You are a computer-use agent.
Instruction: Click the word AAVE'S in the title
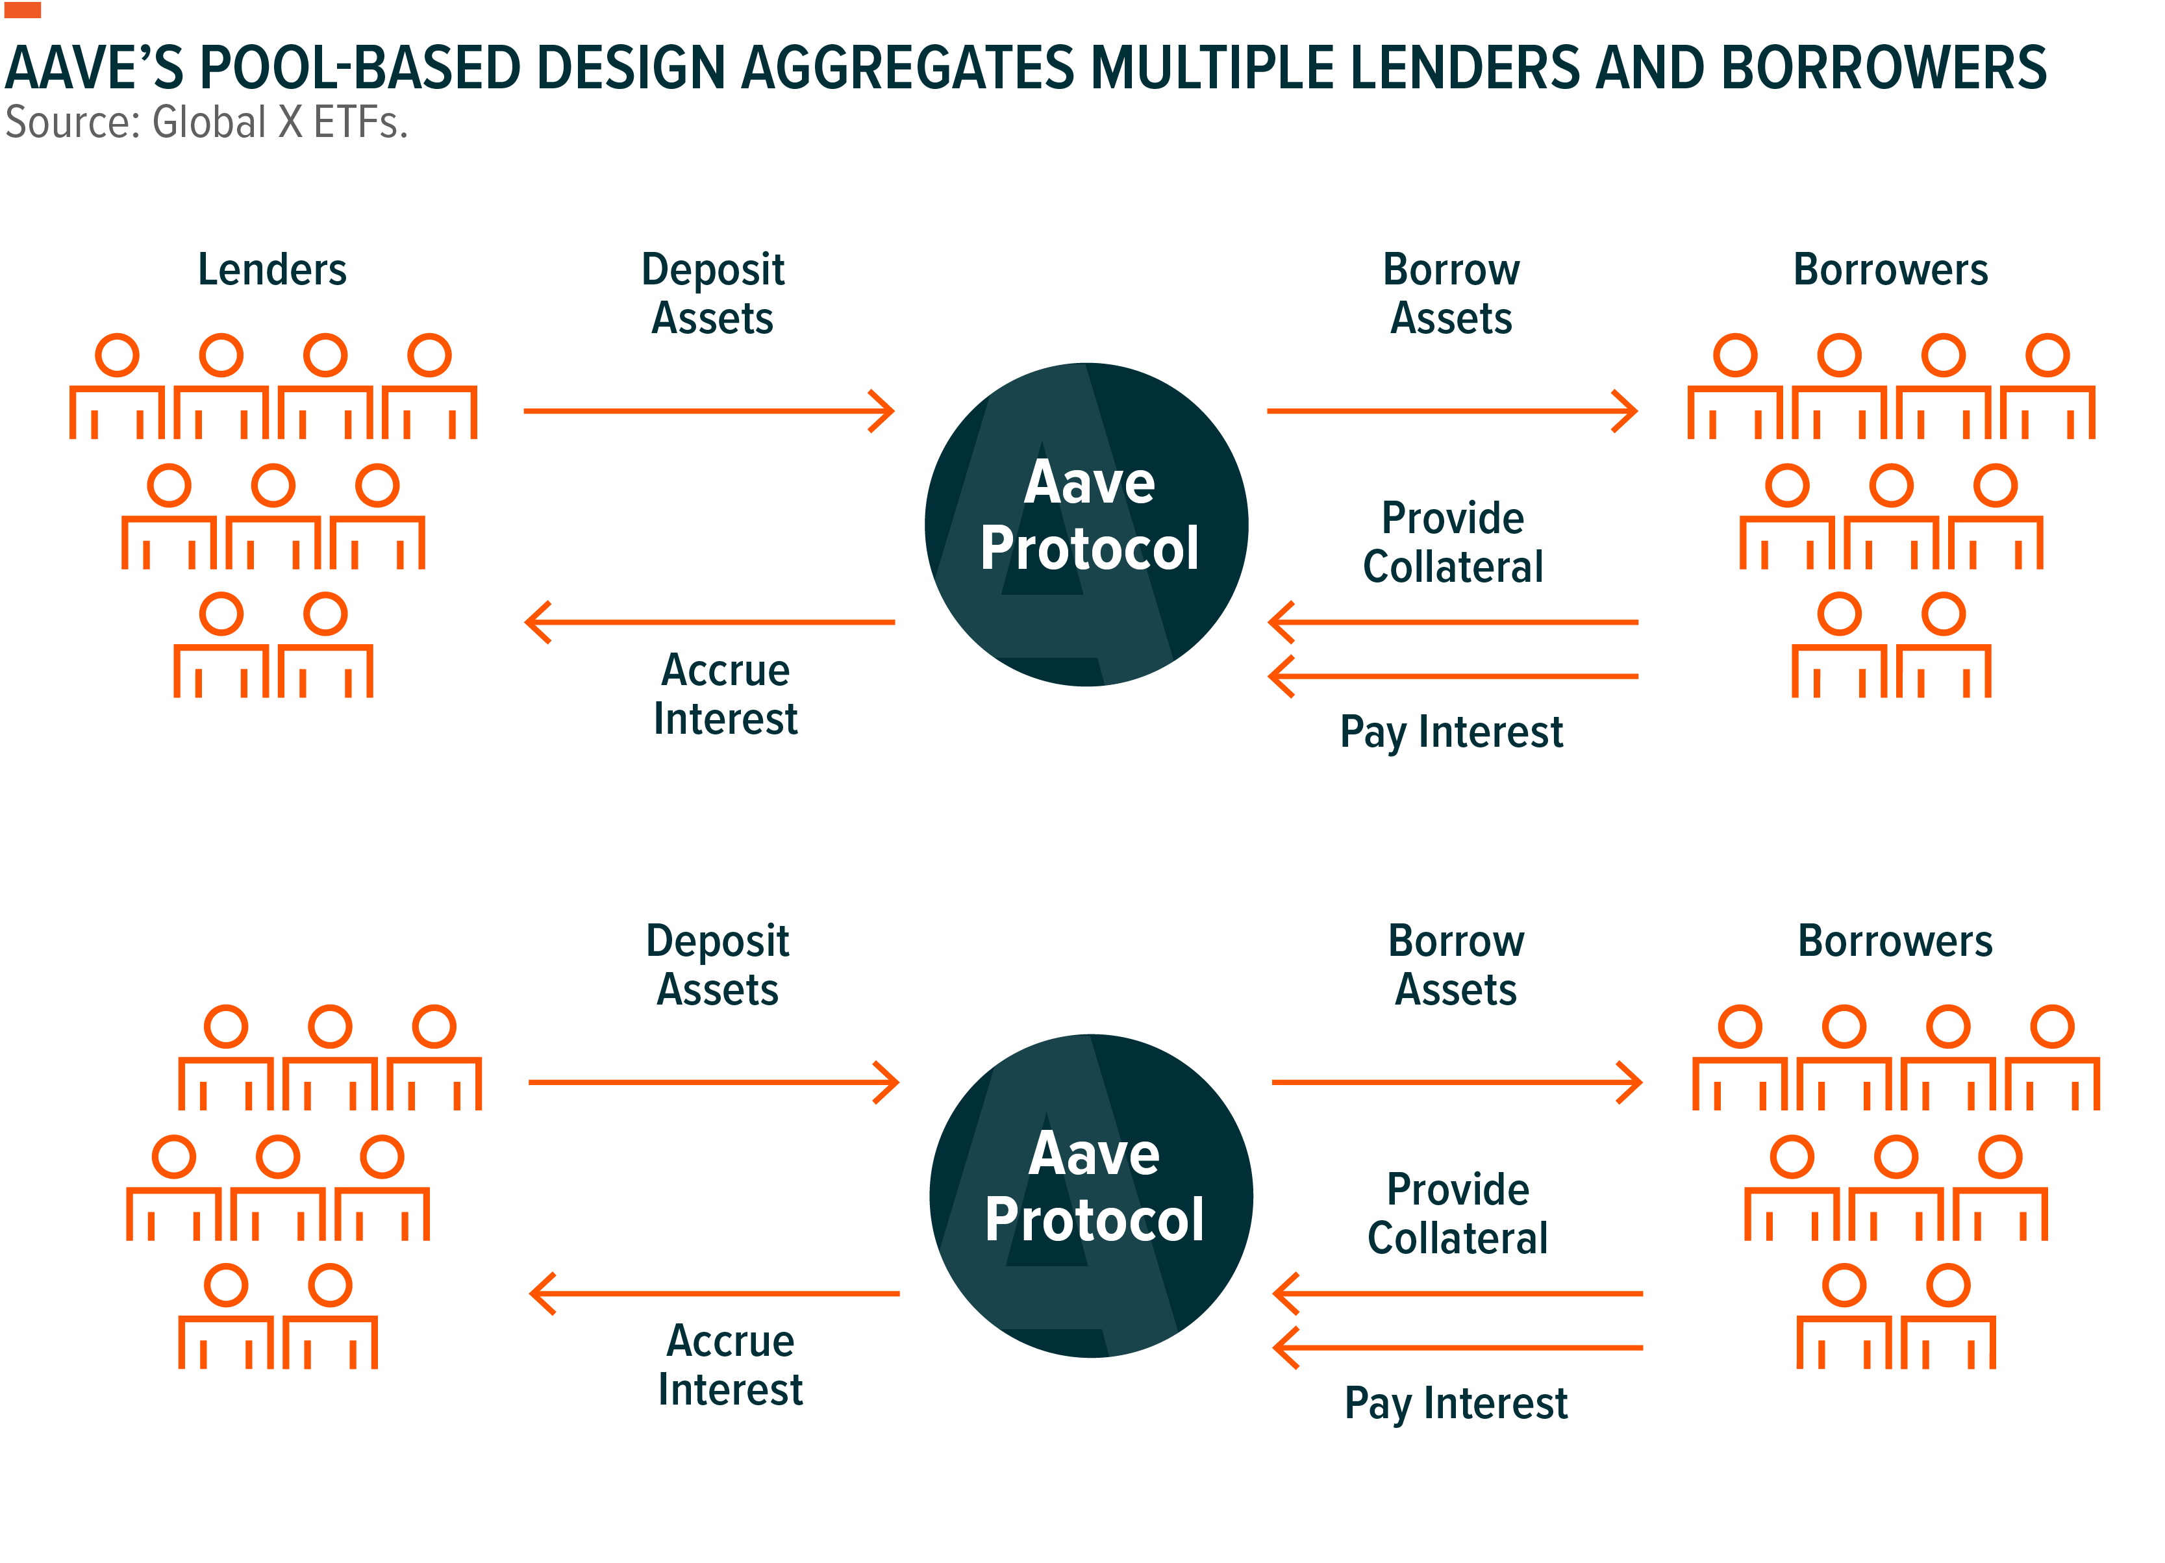(94, 69)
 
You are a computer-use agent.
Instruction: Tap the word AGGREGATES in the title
(908, 69)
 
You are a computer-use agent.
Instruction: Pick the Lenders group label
(272, 270)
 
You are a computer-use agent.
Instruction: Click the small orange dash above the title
(22, 10)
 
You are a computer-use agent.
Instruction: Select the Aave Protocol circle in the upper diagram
(1086, 524)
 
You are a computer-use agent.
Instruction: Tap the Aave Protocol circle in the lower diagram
(1091, 1195)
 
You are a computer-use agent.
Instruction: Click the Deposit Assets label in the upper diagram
(713, 294)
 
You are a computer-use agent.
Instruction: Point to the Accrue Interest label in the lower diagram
(731, 1366)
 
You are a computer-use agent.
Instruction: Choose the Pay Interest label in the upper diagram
(1451, 732)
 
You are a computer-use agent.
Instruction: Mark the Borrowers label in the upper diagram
(1890, 270)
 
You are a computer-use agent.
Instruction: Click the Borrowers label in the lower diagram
(1895, 942)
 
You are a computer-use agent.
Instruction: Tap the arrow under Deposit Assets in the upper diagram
(709, 412)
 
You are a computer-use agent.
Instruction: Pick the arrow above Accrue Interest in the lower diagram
(714, 1294)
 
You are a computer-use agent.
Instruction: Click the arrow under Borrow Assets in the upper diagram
(1452, 412)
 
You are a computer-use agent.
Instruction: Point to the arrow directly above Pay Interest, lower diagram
(1458, 1348)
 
